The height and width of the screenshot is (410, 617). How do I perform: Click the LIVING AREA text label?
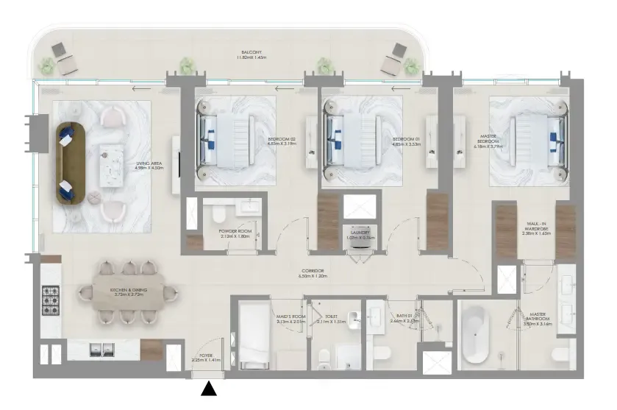[149, 166]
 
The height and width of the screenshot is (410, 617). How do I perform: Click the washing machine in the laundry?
[361, 243]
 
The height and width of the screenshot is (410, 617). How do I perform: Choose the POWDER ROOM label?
[235, 233]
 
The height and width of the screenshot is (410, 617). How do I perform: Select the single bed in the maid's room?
[254, 335]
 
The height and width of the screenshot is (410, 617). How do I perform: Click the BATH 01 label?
[404, 319]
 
